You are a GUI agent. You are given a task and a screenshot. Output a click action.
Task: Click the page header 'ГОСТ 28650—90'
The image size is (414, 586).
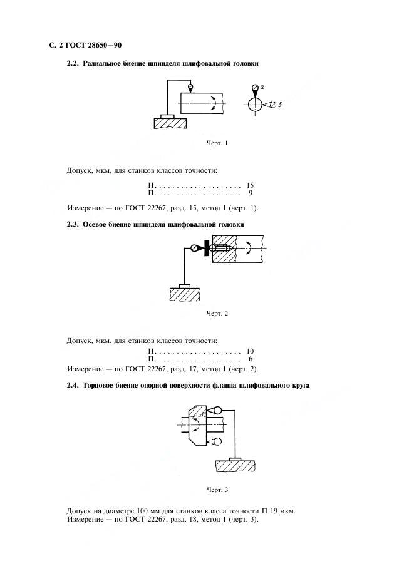93,46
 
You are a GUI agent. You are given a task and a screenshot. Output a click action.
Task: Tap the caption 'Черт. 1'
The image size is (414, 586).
217,143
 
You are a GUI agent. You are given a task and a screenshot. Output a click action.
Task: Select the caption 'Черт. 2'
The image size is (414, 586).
217,314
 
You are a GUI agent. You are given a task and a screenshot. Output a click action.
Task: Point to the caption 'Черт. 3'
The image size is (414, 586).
217,490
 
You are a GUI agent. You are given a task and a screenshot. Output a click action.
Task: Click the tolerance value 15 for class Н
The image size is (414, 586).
250,185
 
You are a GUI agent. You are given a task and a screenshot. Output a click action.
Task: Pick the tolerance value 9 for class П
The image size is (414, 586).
251,193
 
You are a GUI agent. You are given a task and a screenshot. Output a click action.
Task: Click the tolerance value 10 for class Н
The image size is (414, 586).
250,351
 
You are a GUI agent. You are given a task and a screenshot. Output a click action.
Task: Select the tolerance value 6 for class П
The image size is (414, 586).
251,359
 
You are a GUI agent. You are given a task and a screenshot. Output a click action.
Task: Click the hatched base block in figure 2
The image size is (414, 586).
185,294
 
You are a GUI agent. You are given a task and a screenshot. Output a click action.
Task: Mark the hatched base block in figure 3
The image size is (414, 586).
235,466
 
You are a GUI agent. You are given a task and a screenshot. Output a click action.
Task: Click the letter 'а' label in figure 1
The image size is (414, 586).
262,87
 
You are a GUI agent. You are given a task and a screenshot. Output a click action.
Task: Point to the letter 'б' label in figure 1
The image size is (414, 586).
280,105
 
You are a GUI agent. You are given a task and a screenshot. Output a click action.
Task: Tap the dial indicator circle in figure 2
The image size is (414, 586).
194,248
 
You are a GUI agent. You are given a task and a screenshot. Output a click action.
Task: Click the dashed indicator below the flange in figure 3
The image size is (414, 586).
214,441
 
